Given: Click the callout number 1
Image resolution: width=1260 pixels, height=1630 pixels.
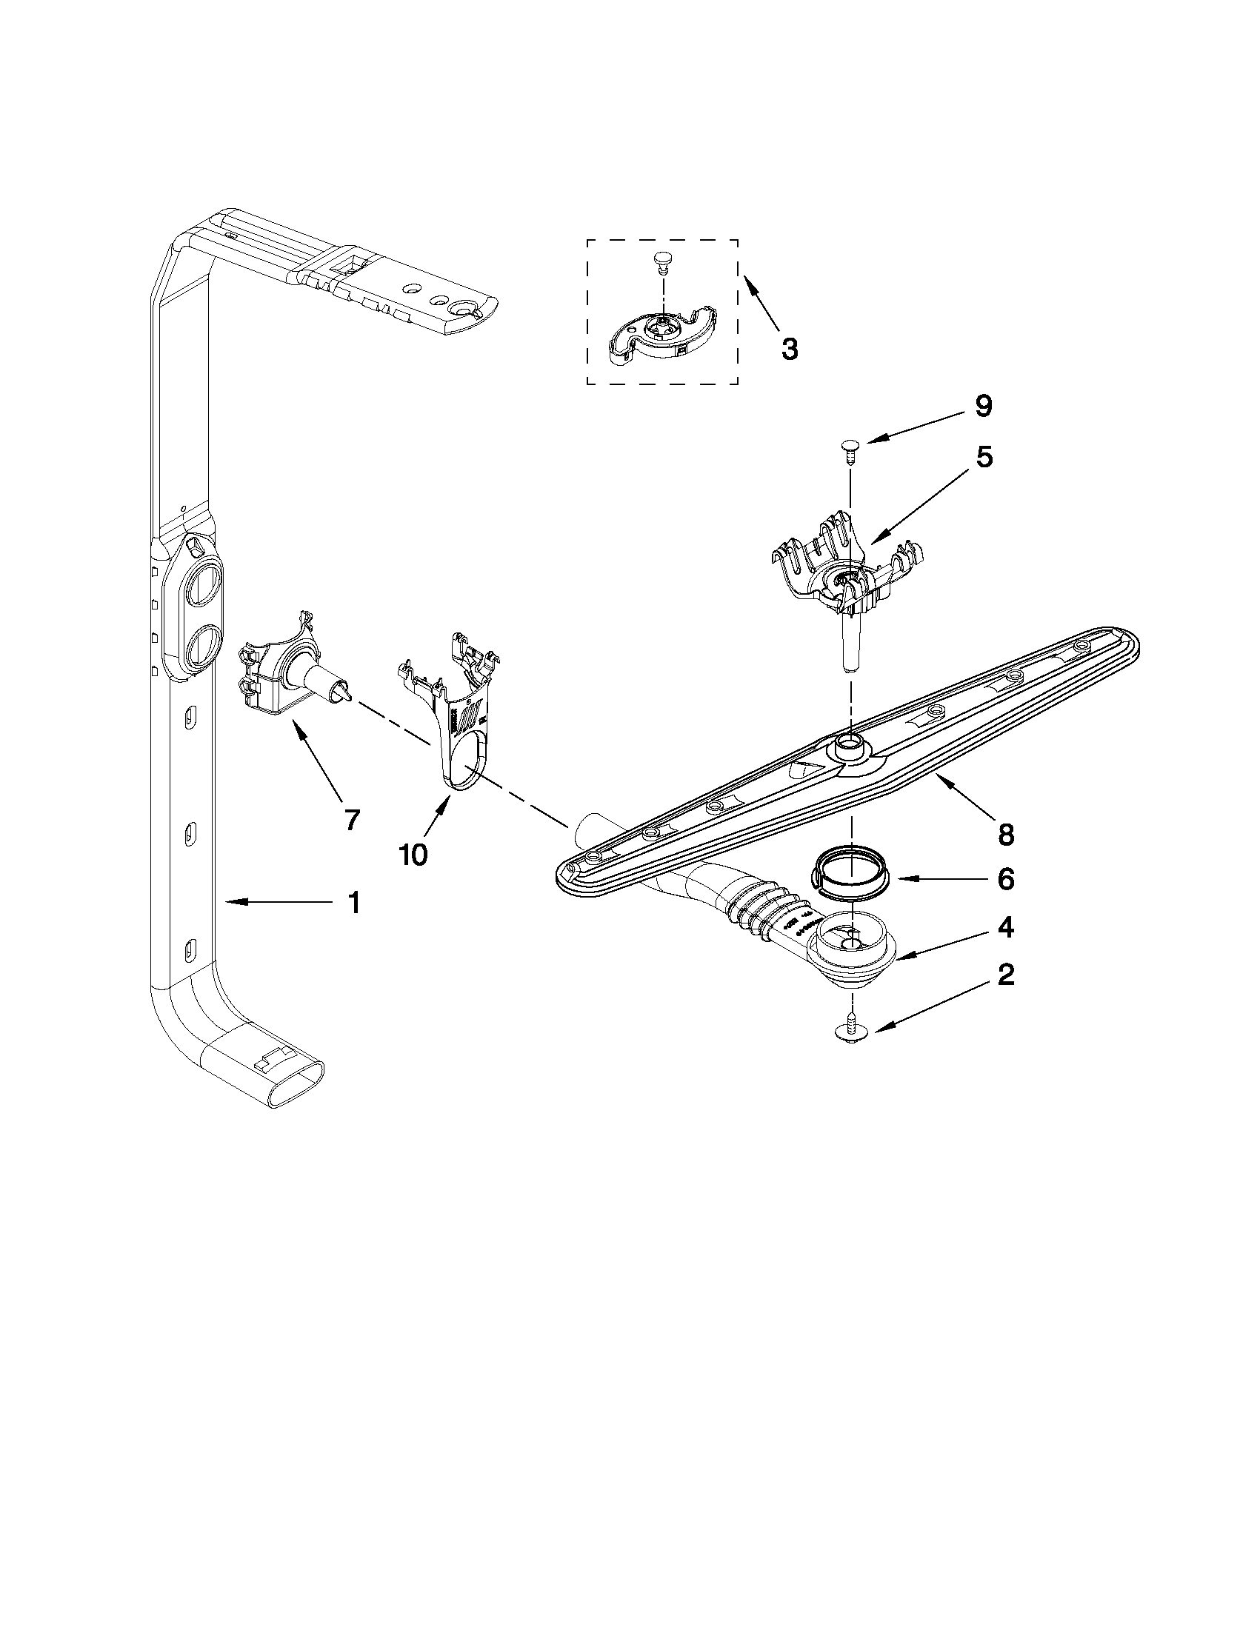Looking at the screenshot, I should (x=354, y=903).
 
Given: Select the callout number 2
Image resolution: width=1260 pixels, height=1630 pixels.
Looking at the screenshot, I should (x=1005, y=975).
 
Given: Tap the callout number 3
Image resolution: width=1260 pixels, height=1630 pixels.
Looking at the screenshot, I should (x=789, y=349).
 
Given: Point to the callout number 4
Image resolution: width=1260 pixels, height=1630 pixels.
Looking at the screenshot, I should (x=1005, y=928).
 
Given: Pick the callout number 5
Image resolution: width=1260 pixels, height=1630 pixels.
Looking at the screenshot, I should (x=984, y=457).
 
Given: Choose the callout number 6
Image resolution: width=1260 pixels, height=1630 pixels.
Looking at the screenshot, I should (x=1005, y=880).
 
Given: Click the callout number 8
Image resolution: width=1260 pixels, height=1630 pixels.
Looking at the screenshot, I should (x=1005, y=835).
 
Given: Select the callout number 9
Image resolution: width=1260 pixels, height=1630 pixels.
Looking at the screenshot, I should (x=982, y=406).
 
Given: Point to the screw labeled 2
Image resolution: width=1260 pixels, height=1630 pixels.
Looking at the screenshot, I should (x=850, y=1032).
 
